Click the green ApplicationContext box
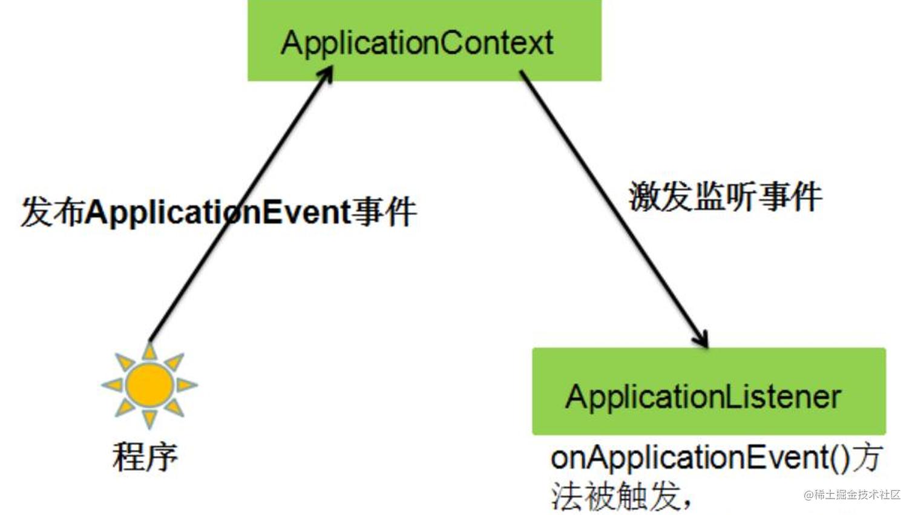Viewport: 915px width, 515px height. (424, 41)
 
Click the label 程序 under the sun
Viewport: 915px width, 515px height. (145, 457)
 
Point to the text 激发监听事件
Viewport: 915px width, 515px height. (725, 197)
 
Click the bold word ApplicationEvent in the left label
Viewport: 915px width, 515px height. (218, 212)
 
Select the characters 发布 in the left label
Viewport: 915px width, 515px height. (52, 212)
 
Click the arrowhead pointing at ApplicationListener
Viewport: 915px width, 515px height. (702, 340)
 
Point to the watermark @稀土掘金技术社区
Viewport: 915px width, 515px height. (852, 495)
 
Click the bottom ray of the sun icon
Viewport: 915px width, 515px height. (149, 418)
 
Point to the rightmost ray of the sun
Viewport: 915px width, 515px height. (186, 384)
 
